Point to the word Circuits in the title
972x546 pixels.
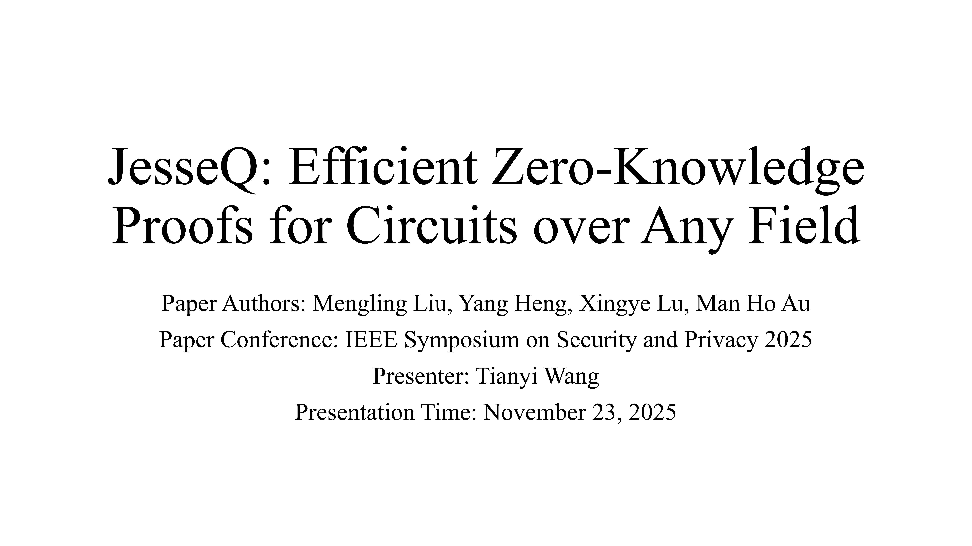(x=431, y=225)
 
